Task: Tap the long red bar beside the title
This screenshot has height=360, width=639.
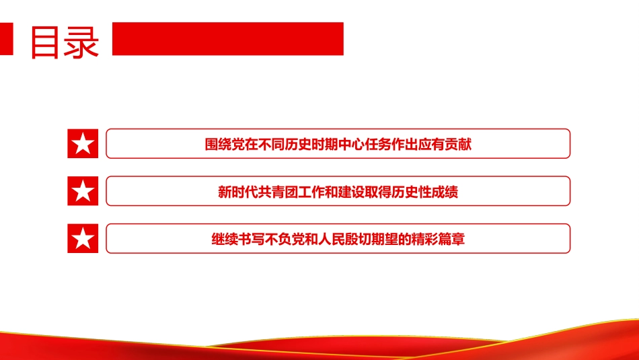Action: click(227, 39)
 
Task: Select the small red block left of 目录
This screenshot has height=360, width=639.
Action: click(7, 39)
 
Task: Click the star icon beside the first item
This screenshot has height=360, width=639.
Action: click(83, 143)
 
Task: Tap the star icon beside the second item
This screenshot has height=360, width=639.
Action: click(83, 191)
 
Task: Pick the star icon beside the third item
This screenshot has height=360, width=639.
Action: click(83, 238)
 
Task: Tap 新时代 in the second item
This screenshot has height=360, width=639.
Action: click(237, 192)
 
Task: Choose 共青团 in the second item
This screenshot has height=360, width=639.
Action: click(278, 192)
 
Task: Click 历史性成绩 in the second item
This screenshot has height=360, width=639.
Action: click(425, 192)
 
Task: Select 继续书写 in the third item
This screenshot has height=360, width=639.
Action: click(238, 239)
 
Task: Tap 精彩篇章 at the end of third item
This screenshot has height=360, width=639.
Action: click(439, 239)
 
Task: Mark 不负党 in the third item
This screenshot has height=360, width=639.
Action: click(285, 239)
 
